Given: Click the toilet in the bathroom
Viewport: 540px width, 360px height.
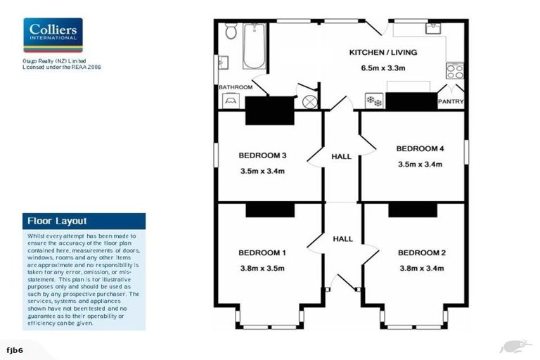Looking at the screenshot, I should (x=230, y=32).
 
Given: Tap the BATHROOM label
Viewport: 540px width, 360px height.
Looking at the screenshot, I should (x=235, y=87).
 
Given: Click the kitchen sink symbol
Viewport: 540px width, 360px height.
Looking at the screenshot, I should (x=432, y=29).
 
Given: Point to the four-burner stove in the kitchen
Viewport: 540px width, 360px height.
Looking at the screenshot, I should (x=455, y=71).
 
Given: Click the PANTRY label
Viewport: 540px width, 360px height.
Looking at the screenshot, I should (x=451, y=102).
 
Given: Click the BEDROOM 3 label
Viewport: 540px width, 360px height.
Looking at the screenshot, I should (x=262, y=155).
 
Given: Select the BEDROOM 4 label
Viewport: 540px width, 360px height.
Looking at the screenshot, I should (x=420, y=148).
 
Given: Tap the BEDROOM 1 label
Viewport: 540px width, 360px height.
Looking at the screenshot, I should (x=262, y=252).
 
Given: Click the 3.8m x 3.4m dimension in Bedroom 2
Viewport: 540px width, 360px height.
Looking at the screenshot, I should (x=421, y=268).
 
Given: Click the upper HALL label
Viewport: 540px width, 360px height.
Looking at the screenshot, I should (x=342, y=156).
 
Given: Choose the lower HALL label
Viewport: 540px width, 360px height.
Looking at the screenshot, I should (x=342, y=239).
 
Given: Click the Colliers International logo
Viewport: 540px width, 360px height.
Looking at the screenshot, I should (x=53, y=35).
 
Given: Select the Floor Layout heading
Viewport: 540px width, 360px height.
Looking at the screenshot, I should (x=57, y=220).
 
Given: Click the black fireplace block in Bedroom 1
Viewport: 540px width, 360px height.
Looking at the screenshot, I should (x=270, y=210).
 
